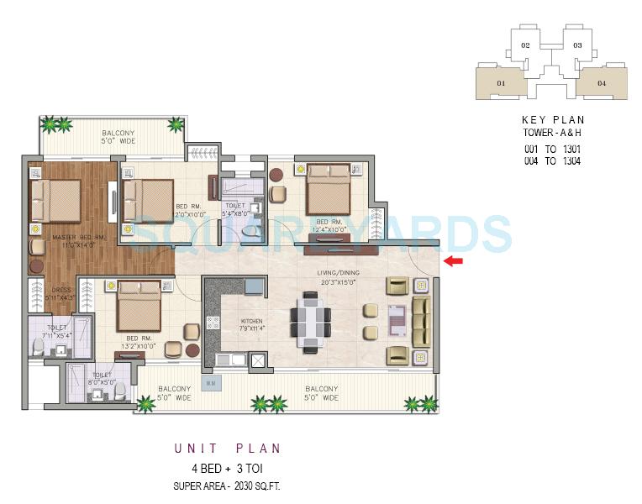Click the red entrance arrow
454,262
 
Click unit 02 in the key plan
525,45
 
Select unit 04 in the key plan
602,83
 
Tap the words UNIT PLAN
228,449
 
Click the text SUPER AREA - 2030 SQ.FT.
228,486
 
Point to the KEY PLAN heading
552,120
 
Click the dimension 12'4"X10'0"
329,228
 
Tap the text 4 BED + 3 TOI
228,469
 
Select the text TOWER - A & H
552,134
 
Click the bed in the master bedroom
55,202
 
